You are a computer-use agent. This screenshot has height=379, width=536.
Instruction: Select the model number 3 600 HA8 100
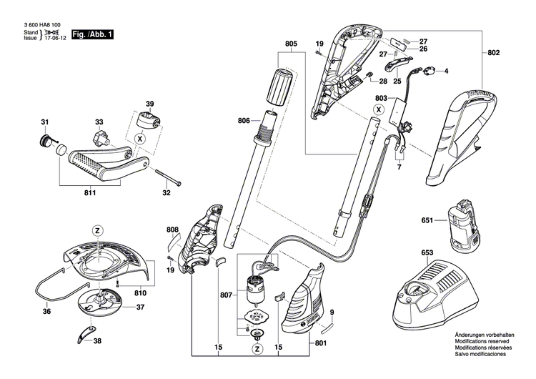click(36, 24)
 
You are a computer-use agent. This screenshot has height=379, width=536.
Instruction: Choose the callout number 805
click(290, 44)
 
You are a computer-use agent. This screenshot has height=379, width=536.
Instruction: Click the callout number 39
click(149, 103)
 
